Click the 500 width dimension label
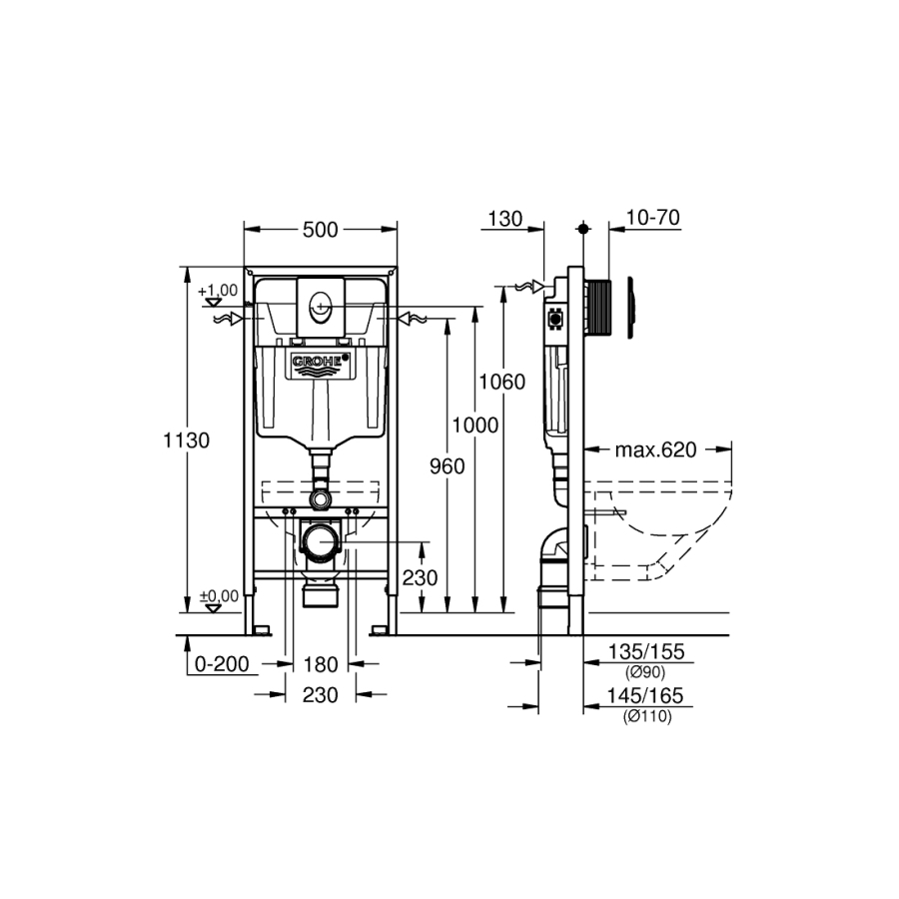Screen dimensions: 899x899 [x=320, y=230]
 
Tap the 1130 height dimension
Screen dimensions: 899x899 [x=187, y=441]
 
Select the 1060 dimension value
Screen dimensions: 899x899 [x=502, y=382]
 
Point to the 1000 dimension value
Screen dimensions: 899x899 [x=475, y=426]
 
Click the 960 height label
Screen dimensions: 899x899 [x=448, y=466]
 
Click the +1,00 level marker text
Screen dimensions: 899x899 [x=218, y=291]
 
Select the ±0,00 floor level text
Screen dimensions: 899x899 [x=219, y=596]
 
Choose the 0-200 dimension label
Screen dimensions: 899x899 [x=222, y=664]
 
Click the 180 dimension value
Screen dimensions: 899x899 [x=320, y=664]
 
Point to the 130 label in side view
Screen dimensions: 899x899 [x=505, y=219]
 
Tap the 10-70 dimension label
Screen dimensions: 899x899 [x=653, y=218]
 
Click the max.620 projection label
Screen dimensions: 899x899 [x=656, y=450]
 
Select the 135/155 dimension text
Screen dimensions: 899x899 [x=646, y=652]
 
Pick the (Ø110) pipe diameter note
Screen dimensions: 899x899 [x=647, y=716]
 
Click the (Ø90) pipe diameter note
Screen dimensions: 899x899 [x=645, y=672]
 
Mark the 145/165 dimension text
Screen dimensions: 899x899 [x=645, y=696]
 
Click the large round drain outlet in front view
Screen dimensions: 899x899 [x=320, y=540]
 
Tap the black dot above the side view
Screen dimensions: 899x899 [x=583, y=229]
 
